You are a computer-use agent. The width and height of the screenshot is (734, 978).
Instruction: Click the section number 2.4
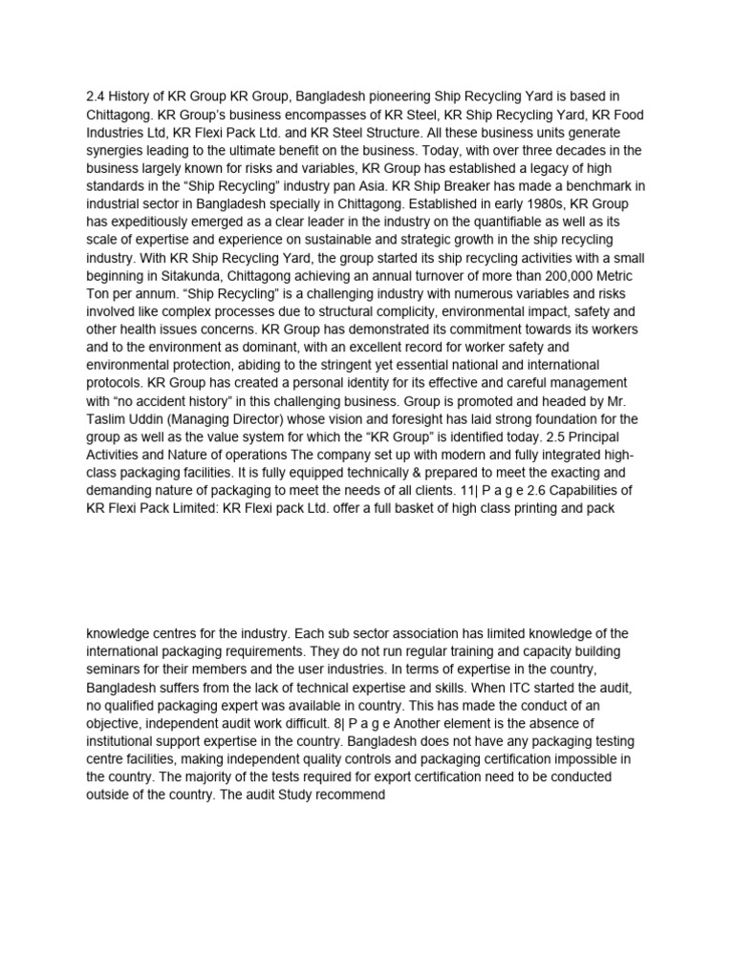pos(97,96)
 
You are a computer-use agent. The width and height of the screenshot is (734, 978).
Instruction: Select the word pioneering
pos(402,96)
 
